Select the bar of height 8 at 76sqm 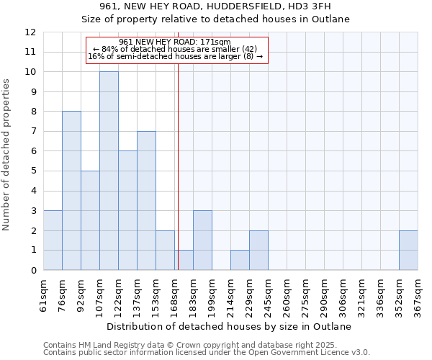pos(71,191)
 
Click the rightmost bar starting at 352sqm pos(408,250)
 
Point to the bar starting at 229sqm pos(258,250)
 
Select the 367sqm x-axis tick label pos(418,295)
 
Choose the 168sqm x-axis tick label pos(175,295)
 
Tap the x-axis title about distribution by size pos(230,326)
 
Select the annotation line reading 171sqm pos(174,42)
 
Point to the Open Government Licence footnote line pos(207,353)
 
